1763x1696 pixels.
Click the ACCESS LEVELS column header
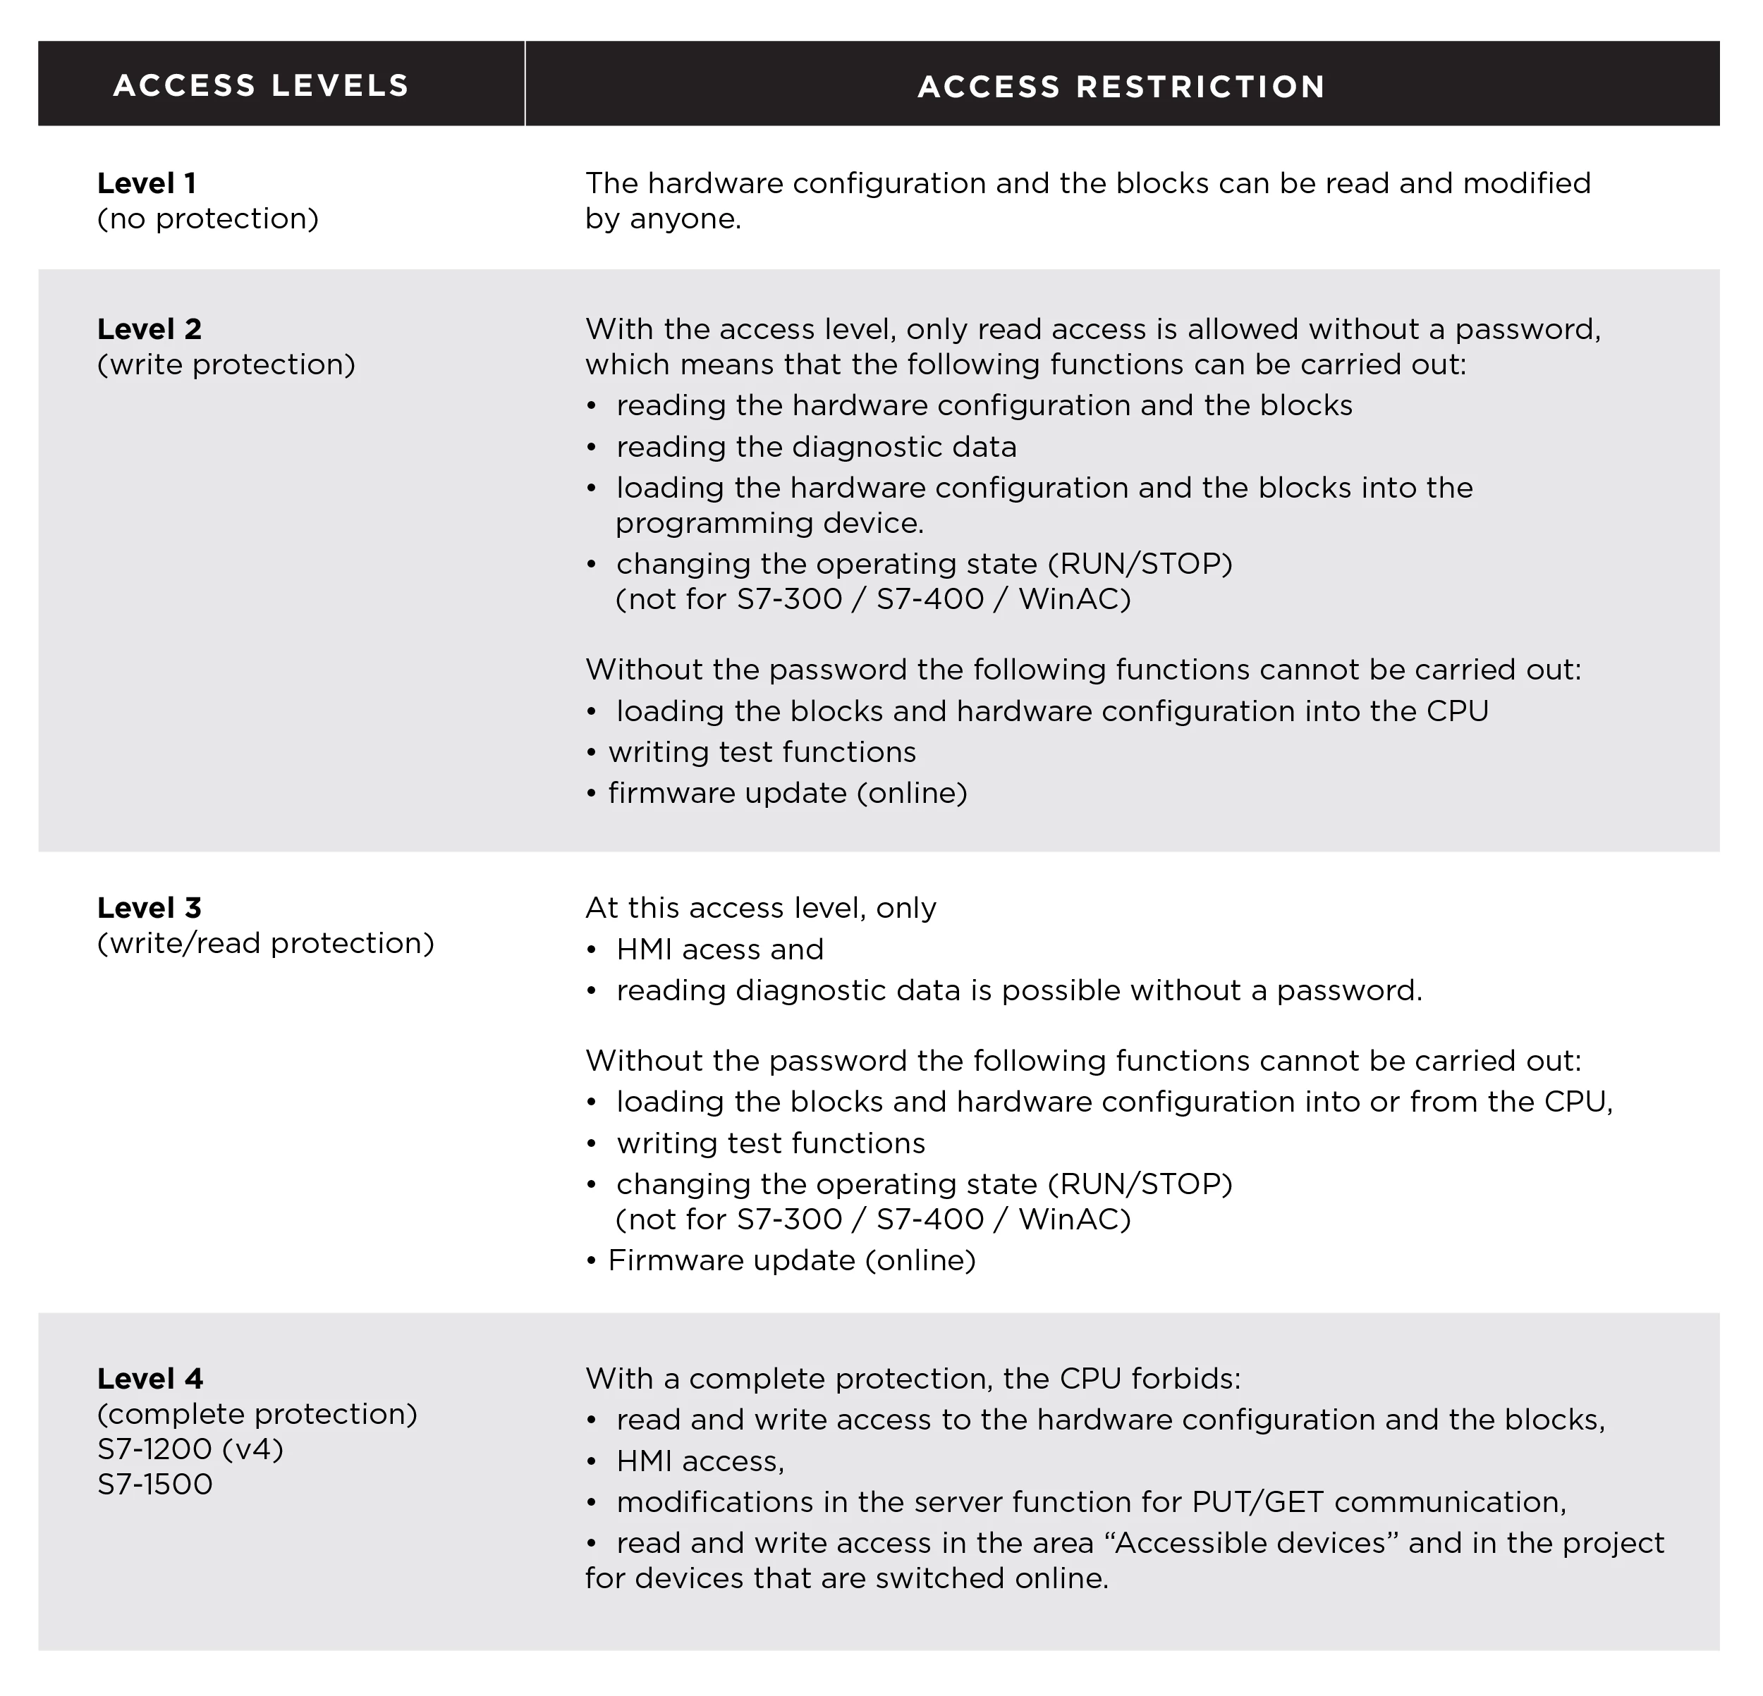click(261, 85)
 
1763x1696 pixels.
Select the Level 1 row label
click(147, 183)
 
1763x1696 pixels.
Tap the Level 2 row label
click(150, 329)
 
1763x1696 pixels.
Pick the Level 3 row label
click(150, 907)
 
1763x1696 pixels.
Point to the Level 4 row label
click(150, 1379)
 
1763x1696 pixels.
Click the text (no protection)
click(208, 219)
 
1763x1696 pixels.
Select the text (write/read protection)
click(265, 942)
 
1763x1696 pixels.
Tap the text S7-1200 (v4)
click(190, 1449)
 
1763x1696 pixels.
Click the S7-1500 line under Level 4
click(154, 1484)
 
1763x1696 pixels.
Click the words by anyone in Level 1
click(663, 219)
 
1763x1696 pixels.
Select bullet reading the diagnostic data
click(816, 447)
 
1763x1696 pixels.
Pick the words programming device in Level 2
click(769, 522)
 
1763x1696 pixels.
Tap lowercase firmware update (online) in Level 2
click(787, 793)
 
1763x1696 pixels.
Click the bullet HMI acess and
click(719, 950)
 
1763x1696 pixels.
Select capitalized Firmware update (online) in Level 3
click(791, 1260)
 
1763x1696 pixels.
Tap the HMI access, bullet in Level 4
click(700, 1461)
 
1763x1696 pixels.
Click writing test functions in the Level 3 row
click(770, 1143)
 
